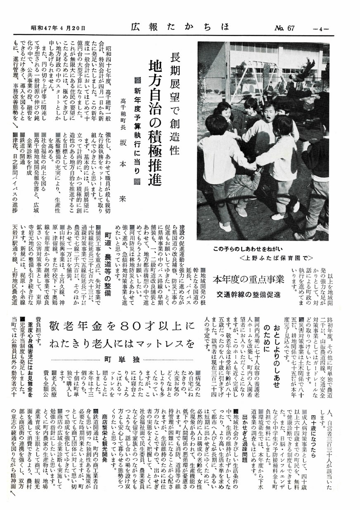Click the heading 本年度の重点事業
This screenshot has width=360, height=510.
[248, 279]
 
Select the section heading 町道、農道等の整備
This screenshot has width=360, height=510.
[111, 260]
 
